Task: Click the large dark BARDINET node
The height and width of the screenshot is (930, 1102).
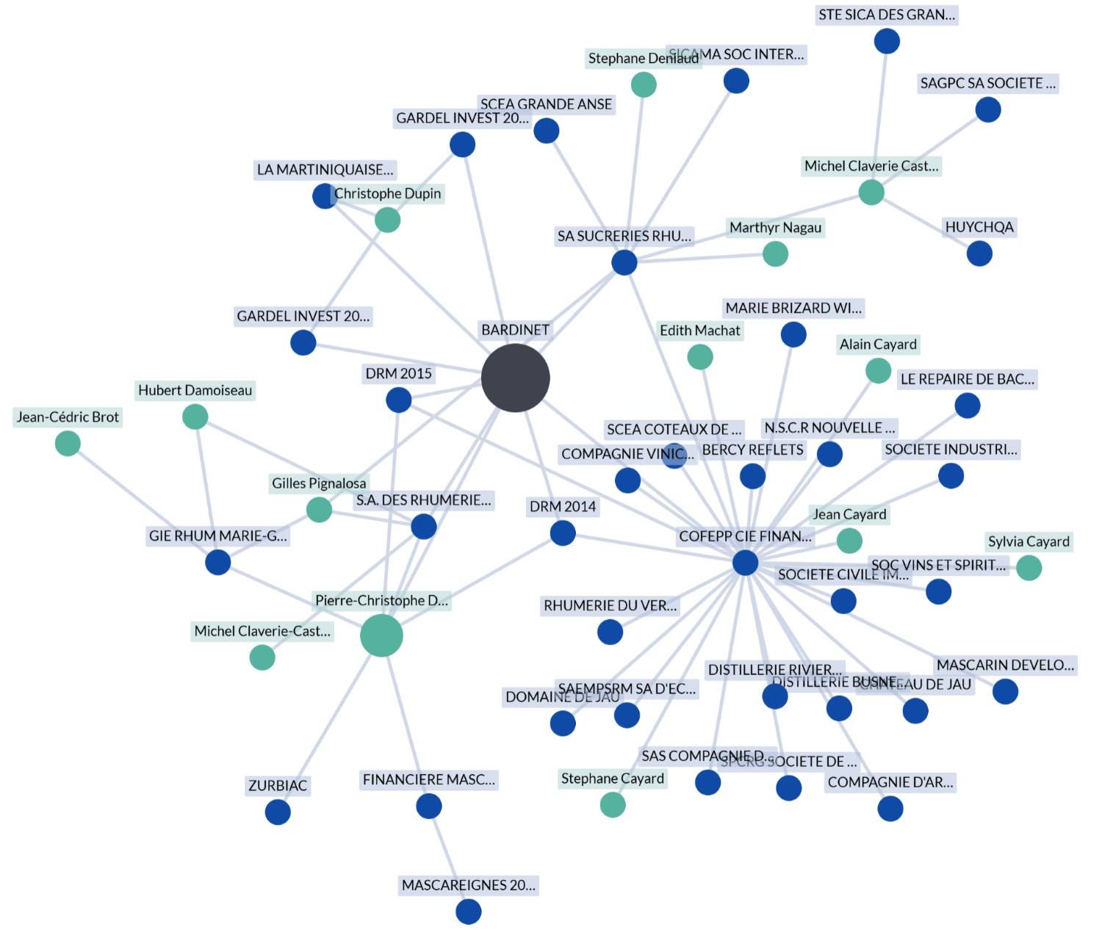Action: tap(515, 378)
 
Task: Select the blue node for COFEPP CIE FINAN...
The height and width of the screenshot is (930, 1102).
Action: tap(745, 563)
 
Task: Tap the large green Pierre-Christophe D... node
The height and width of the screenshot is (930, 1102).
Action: tap(381, 635)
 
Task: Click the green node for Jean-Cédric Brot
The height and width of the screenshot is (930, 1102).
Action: tap(68, 444)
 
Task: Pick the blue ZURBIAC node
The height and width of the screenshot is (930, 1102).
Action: tap(278, 812)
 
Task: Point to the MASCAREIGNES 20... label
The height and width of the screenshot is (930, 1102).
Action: tap(468, 885)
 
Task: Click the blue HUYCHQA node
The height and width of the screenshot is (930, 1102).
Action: tap(979, 254)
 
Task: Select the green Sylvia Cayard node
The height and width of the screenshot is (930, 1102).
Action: tap(1029, 568)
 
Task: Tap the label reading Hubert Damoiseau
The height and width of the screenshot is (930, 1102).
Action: tap(195, 390)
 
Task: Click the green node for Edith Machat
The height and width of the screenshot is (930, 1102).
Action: tap(700, 357)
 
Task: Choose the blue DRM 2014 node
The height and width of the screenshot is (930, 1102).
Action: tap(563, 533)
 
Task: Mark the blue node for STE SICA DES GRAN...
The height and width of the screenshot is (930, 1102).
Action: tap(887, 41)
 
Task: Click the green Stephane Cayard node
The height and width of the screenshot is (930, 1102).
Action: tap(613, 805)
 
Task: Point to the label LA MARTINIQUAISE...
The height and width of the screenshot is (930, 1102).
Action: tap(325, 170)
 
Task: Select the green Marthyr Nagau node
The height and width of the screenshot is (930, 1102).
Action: tap(775, 254)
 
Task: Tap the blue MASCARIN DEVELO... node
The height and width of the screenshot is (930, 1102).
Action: tap(1005, 691)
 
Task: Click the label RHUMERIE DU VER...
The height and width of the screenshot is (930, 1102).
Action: tap(610, 605)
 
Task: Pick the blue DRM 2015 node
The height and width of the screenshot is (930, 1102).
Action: tap(398, 400)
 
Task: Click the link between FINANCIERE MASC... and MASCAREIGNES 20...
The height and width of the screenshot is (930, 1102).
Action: tap(448, 859)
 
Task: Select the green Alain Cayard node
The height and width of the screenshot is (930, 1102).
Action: tap(878, 371)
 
